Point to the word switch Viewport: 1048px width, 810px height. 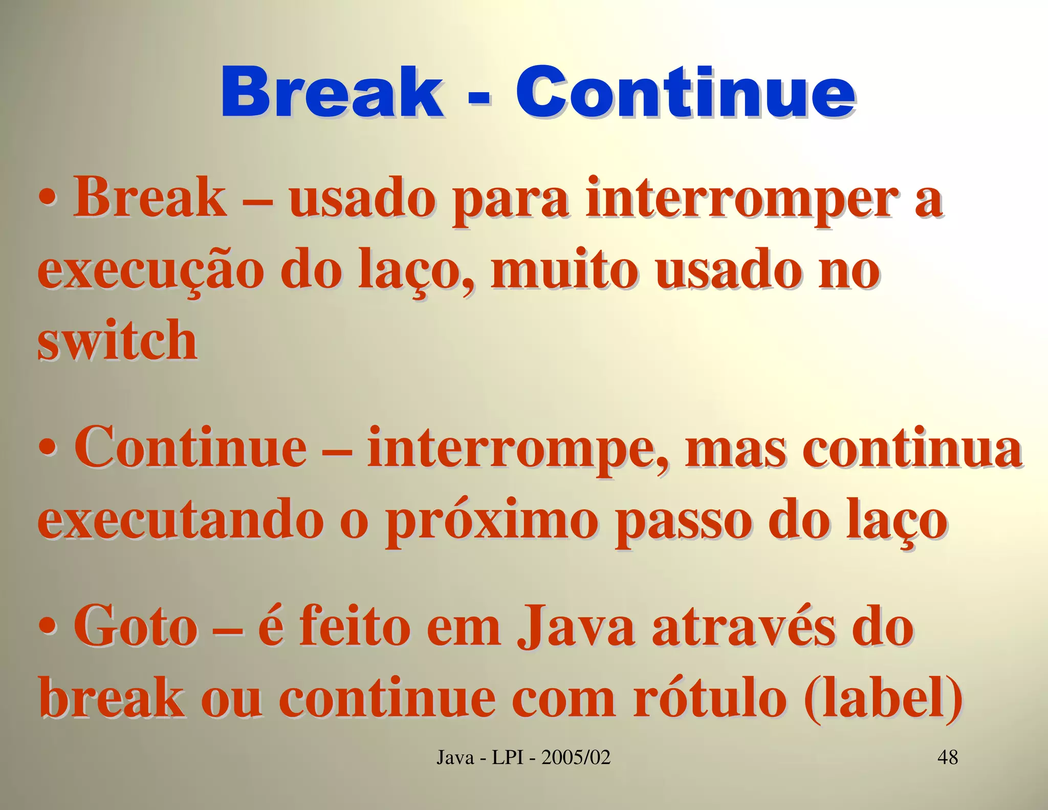coord(117,340)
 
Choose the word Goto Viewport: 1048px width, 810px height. coord(136,628)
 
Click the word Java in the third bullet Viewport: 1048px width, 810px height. coord(576,628)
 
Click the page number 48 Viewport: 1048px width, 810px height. coord(948,757)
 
